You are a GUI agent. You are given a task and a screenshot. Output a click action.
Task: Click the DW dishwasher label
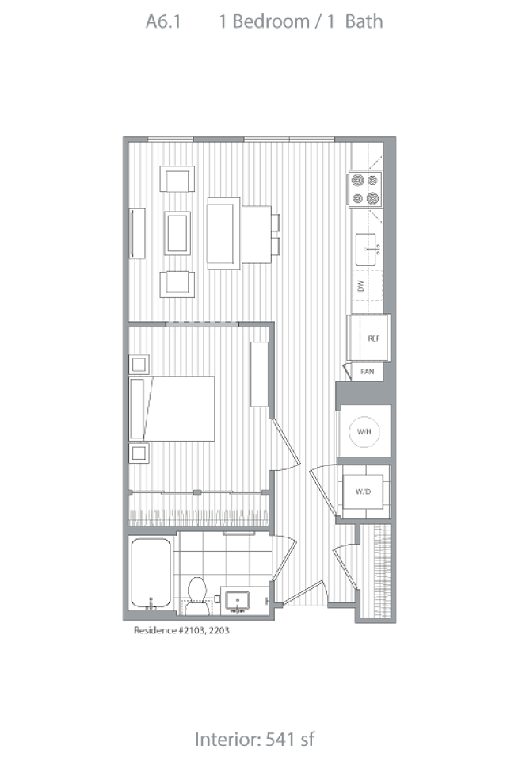360,286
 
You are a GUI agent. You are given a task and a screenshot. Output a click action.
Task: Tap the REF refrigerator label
374,338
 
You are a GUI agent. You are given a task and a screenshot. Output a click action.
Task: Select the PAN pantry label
368,371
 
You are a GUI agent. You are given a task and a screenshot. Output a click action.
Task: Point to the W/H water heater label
364,433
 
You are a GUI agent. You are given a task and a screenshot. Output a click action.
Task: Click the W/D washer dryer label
364,492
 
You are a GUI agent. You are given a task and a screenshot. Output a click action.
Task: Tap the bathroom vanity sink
236,602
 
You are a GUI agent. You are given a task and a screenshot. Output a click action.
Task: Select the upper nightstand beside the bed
139,365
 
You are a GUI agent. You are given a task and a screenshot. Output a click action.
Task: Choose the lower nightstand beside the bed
139,453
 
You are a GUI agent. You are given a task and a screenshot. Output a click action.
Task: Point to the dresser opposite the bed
260,374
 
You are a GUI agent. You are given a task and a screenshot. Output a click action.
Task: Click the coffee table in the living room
177,232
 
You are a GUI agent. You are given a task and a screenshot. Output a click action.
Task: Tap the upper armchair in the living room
177,180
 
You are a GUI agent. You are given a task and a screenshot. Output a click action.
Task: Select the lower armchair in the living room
177,284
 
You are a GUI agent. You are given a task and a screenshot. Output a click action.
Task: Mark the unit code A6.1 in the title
164,22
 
